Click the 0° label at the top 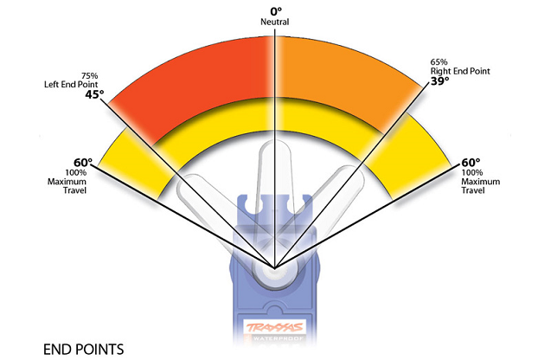pos(274,10)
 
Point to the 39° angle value pos(440,82)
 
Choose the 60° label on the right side pos(470,162)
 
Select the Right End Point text pos(459,72)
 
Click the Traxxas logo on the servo pos(274,328)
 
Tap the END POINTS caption pos(83,349)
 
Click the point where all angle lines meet pos(275,267)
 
